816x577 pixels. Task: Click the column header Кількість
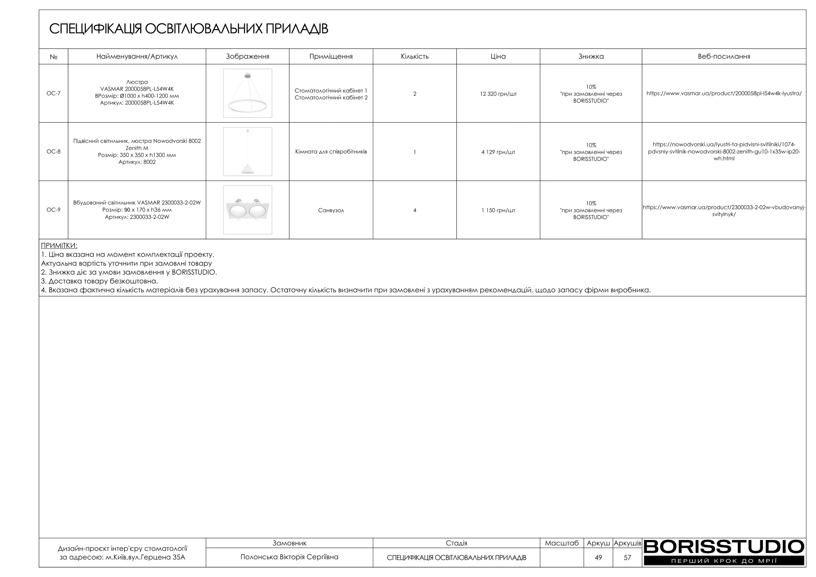click(x=414, y=56)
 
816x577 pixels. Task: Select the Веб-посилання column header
click(x=724, y=56)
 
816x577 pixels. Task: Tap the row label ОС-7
click(x=53, y=93)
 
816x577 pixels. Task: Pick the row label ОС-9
click(x=53, y=210)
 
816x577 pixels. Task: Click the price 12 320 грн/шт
click(x=498, y=94)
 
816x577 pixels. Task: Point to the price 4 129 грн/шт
click(x=498, y=152)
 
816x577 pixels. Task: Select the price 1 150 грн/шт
click(x=498, y=210)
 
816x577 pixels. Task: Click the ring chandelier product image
click(x=247, y=93)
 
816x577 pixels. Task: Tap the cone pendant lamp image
click(x=247, y=151)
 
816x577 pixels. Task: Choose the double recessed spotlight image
click(x=247, y=210)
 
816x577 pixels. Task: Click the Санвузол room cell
click(x=331, y=210)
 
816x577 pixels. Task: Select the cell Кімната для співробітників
click(x=331, y=152)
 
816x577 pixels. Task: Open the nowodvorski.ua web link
click(x=724, y=151)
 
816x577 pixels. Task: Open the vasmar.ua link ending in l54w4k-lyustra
click(x=724, y=93)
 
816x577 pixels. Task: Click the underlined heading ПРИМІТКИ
click(x=59, y=246)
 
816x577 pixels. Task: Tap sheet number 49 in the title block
click(x=598, y=558)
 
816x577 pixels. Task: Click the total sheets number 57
click(x=627, y=558)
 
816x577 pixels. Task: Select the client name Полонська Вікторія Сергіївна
click(x=289, y=557)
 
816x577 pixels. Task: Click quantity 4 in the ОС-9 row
click(x=414, y=210)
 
